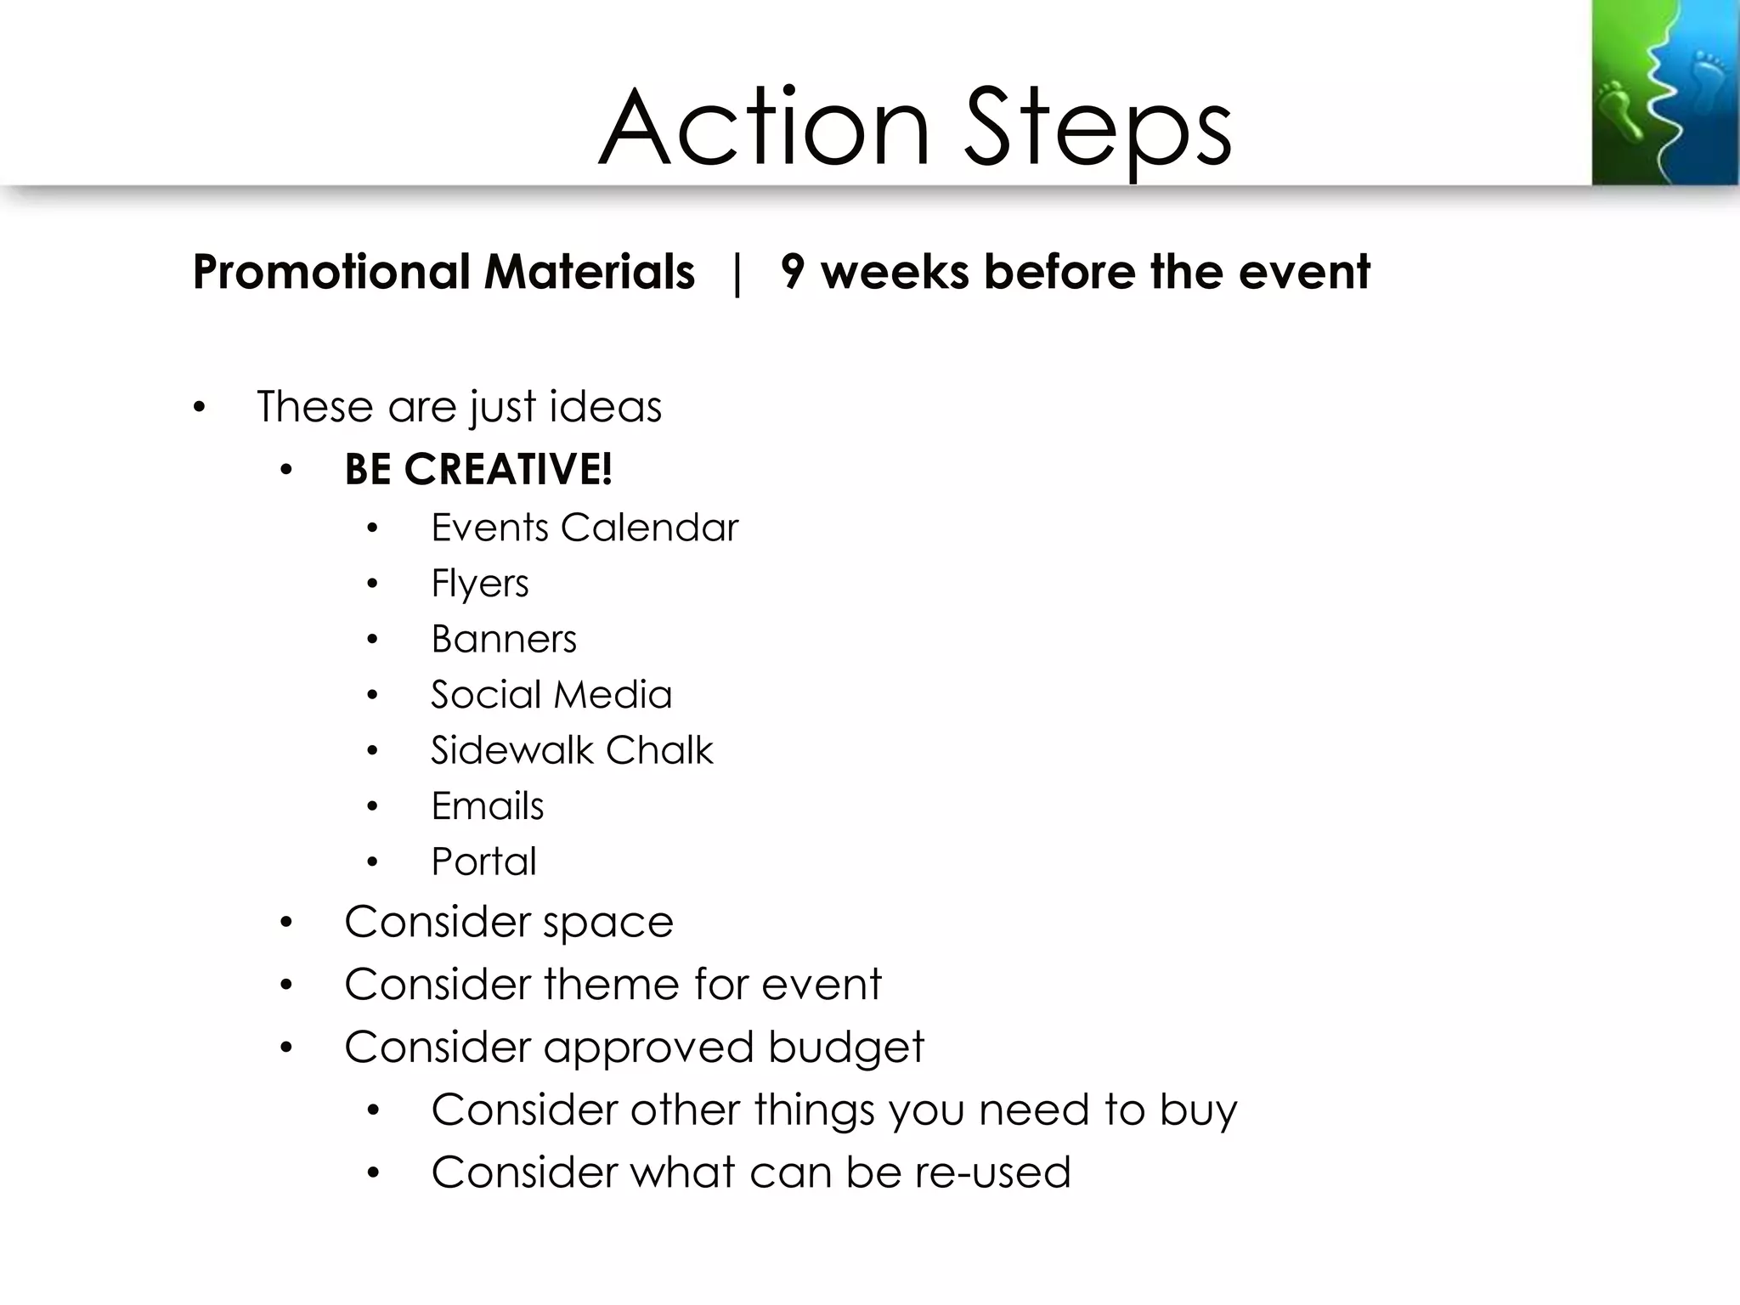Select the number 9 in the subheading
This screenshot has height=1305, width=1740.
tap(792, 272)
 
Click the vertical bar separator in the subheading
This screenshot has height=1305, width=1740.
tap(737, 274)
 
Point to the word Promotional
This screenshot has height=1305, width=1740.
tap(331, 272)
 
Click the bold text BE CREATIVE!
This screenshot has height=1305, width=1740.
tap(477, 469)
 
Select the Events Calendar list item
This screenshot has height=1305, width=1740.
tap(585, 528)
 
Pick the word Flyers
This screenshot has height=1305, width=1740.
tap(479, 584)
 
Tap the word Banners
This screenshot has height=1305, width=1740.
tap(503, 639)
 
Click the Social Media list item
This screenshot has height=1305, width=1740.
tap(551, 695)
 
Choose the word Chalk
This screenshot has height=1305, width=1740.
tap(659, 750)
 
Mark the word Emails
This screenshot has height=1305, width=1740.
tap(487, 806)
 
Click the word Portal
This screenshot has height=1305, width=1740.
tap(483, 862)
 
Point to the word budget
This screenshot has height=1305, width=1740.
tap(845, 1047)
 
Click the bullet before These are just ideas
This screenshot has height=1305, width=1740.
tap(199, 407)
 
